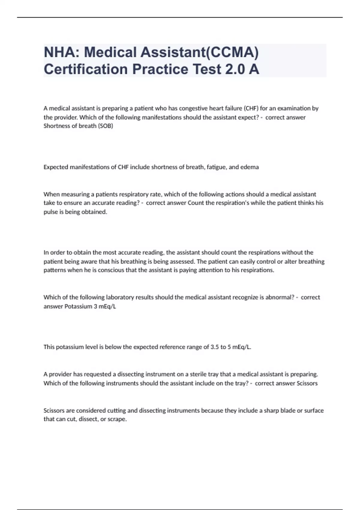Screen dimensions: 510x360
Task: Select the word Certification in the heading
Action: [x=86, y=69]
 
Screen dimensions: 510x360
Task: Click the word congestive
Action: [x=193, y=108]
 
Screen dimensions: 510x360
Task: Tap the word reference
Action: [x=176, y=347]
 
